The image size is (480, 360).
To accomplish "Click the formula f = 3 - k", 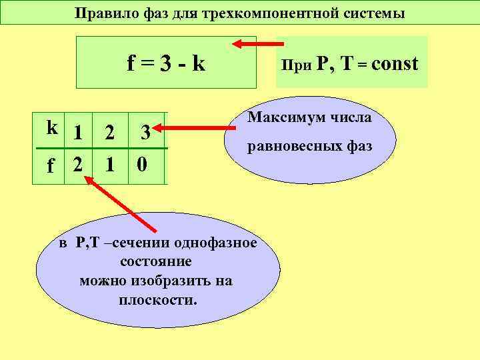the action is [166, 63].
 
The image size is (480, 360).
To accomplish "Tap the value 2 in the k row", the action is [109, 133].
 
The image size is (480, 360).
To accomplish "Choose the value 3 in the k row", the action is [145, 133].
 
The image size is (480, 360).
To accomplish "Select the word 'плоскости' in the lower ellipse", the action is [157, 299].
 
